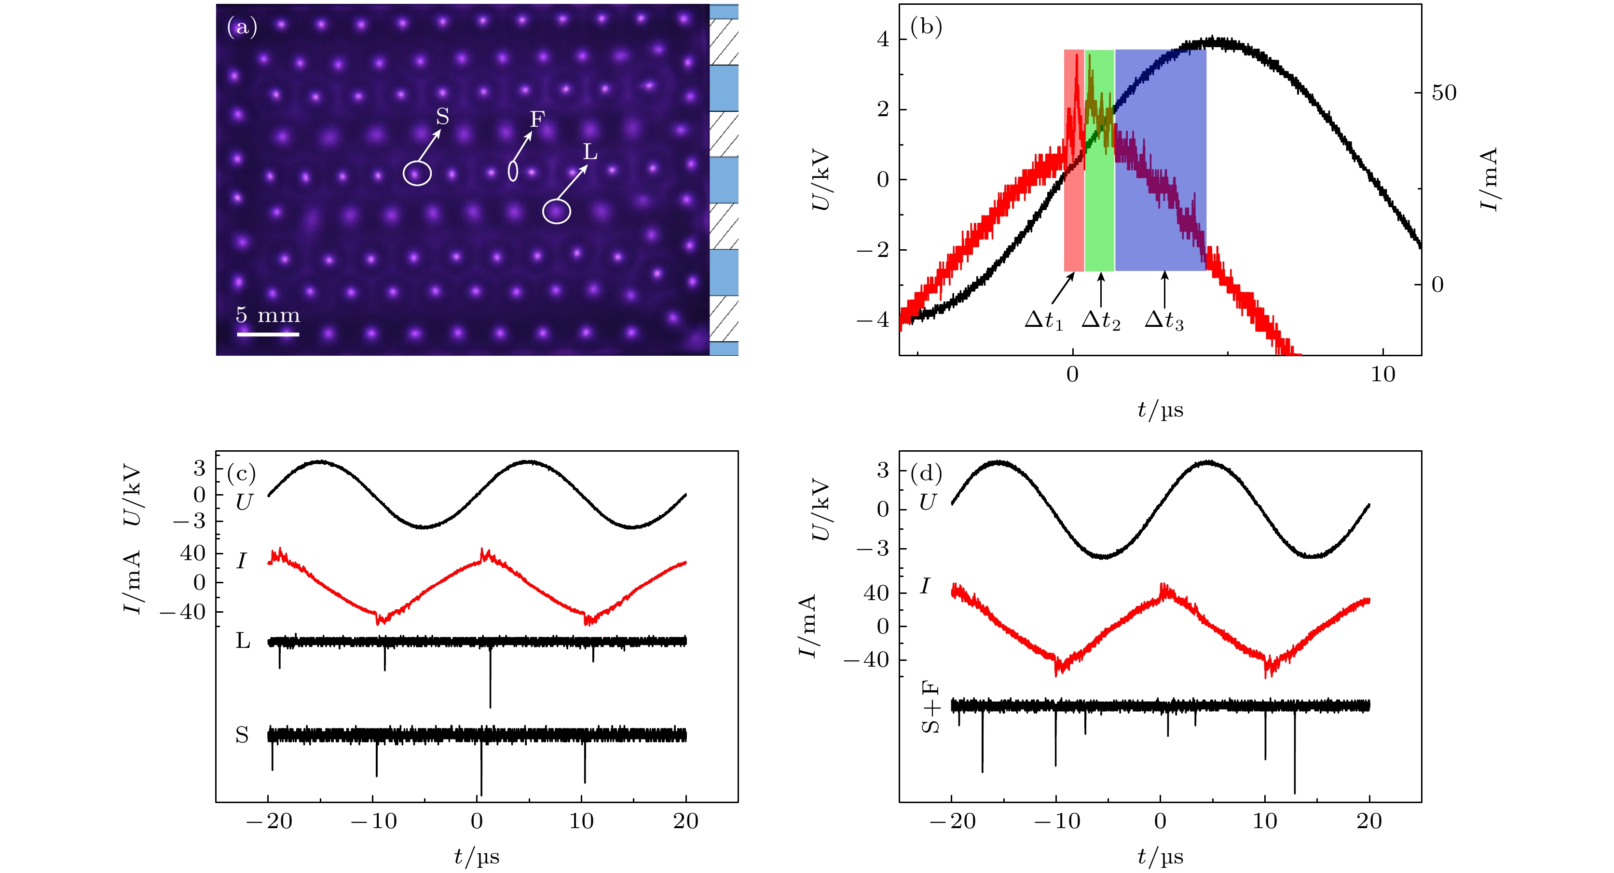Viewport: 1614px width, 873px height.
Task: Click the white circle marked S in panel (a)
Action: tap(417, 173)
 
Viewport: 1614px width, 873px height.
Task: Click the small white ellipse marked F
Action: tap(513, 170)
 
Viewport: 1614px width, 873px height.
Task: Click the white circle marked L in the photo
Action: tap(556, 211)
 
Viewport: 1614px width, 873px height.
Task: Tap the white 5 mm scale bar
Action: tap(268, 334)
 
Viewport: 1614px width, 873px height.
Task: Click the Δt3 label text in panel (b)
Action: tap(1163, 320)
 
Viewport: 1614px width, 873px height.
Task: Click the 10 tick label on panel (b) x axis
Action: tap(1383, 375)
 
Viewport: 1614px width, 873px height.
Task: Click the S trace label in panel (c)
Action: tap(242, 735)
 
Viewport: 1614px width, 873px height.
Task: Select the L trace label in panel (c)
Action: tap(243, 641)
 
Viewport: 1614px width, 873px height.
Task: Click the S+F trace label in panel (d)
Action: tap(931, 707)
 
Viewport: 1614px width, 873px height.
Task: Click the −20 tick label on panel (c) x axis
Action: tap(270, 821)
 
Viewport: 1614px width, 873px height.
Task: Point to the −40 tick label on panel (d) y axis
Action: tap(866, 659)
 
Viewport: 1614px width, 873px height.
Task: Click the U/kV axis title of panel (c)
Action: tap(133, 494)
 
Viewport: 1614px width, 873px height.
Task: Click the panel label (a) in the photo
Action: tap(242, 27)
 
